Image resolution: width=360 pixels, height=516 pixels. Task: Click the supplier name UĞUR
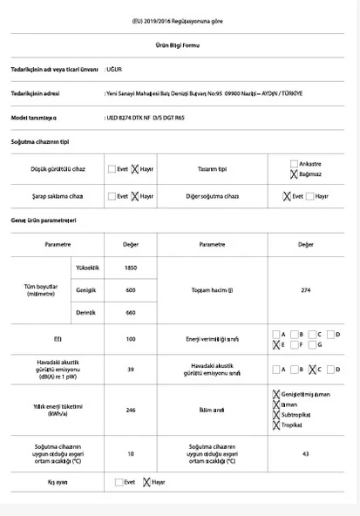coord(114,67)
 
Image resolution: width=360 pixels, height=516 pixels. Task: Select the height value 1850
coord(131,268)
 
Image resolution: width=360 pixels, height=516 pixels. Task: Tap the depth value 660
coord(131,312)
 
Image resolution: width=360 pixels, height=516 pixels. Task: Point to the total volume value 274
coord(306,289)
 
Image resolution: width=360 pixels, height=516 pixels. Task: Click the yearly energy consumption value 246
coord(131,408)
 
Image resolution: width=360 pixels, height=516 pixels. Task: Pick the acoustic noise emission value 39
coord(131,369)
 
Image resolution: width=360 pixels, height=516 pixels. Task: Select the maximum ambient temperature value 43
coord(306,453)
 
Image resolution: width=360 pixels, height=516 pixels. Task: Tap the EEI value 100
coord(131,339)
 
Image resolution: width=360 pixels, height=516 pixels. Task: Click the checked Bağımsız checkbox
coord(294,174)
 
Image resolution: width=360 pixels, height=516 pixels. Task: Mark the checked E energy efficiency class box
coord(276,345)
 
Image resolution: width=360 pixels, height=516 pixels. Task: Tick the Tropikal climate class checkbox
coord(276,424)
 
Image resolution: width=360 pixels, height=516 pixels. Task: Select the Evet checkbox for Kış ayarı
coord(121,481)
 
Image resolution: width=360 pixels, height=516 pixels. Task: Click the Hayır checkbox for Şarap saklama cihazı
coord(135,196)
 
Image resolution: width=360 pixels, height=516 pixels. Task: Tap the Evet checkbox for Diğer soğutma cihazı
coord(288,196)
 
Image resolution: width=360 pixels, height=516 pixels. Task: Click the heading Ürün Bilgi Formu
coord(180,44)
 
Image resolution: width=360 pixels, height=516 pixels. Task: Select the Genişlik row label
coord(85,289)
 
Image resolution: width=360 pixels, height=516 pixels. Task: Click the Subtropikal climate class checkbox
coord(276,414)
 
